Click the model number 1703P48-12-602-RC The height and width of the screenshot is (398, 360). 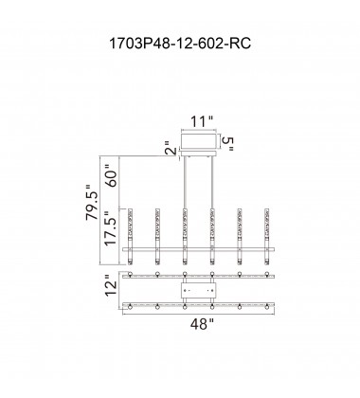click(x=180, y=44)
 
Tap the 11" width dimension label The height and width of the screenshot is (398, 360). click(x=202, y=121)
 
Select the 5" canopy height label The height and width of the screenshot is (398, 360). click(x=227, y=144)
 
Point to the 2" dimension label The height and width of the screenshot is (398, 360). click(x=171, y=148)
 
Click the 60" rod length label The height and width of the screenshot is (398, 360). click(x=112, y=175)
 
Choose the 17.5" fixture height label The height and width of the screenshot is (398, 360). click(x=111, y=228)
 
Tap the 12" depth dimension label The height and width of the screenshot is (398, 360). click(x=111, y=285)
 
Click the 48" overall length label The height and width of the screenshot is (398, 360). click(x=202, y=324)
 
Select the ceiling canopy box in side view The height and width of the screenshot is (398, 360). click(x=199, y=141)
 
